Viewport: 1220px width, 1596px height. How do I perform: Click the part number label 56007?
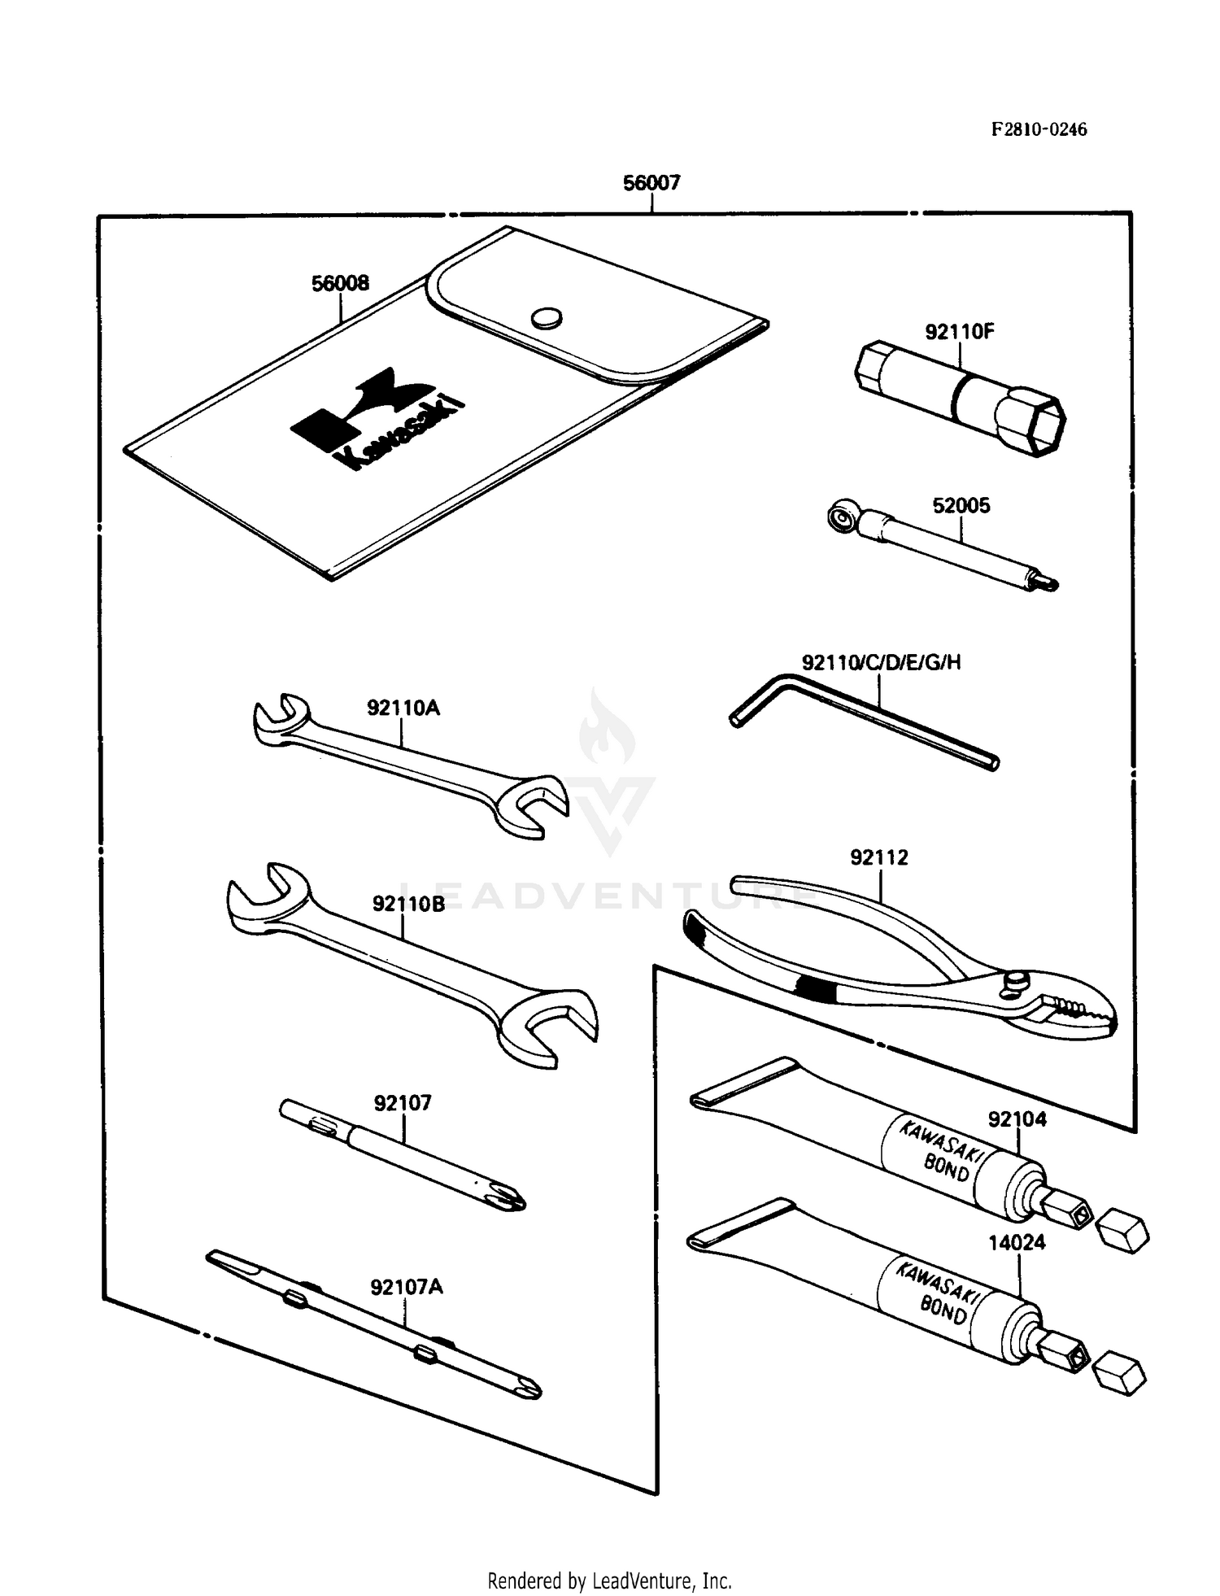(x=651, y=183)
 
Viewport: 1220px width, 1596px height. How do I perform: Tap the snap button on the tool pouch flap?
(x=546, y=318)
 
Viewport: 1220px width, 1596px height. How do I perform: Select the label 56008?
(x=340, y=283)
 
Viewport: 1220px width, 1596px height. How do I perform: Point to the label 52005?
(x=961, y=506)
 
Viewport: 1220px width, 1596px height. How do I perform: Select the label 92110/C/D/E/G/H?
(x=881, y=663)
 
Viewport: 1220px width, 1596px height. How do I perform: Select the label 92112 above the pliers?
(x=878, y=857)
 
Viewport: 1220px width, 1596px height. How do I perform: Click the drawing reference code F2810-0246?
(x=1039, y=130)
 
